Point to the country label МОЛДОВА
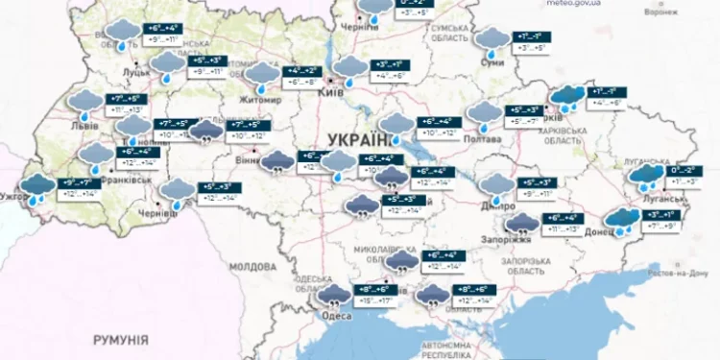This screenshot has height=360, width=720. coord(252,266)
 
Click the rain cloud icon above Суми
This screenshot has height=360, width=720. coord(493,38)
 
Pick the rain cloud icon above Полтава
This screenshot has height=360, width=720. coord(483,115)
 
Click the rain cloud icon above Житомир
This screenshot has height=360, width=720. coord(259,74)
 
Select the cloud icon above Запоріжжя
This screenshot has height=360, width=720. coord(522,225)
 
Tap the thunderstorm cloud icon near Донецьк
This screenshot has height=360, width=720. coord(623,220)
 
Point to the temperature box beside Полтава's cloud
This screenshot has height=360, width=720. coord(526,115)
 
